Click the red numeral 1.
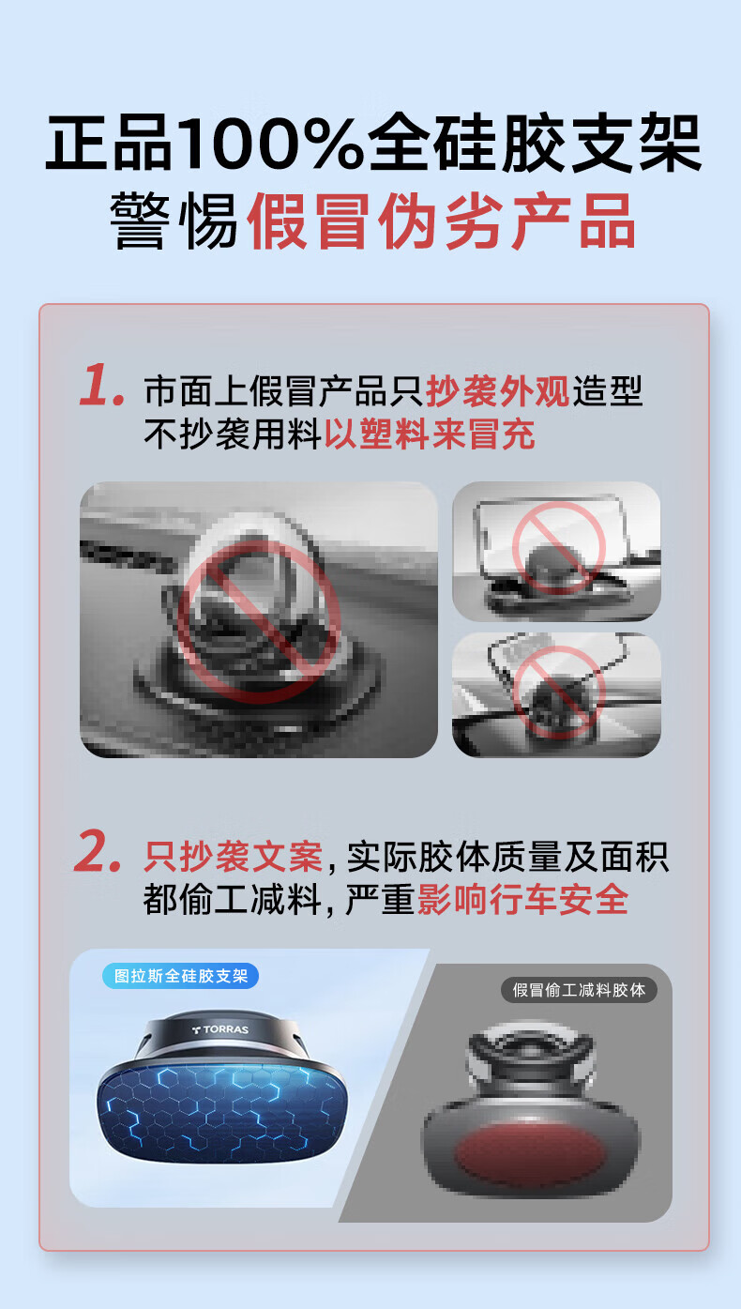pos(101,384)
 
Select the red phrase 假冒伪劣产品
pos(441,221)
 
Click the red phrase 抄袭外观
pos(497,391)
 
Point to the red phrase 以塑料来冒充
pos(430,434)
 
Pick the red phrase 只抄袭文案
pos(233,857)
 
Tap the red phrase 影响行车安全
pos(522,899)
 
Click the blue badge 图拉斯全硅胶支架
pos(180,976)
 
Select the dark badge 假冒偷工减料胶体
pos(579,990)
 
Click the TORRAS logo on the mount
pos(220,1029)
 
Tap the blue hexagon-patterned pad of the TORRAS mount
pos(222,1111)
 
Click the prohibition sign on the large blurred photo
pos(259,622)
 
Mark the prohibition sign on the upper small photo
pos(559,548)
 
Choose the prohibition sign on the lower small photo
pos(558,693)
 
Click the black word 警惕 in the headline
pos(174,221)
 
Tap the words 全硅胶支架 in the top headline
pos(535,144)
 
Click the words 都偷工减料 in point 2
pos(233,899)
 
